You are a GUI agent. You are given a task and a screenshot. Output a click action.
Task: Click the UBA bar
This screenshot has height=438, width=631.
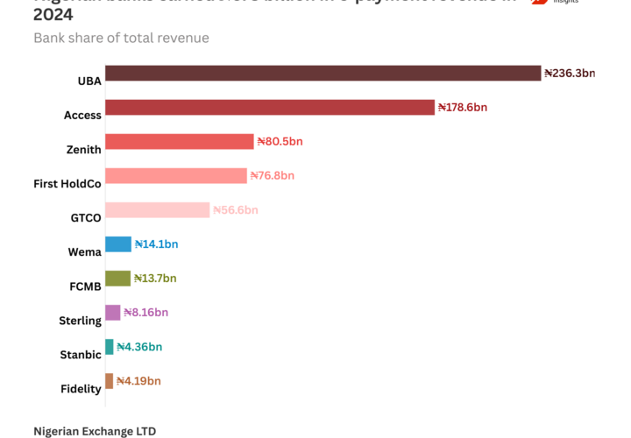point(323,73)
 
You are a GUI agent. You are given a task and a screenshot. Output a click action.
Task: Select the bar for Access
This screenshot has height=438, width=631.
point(270,107)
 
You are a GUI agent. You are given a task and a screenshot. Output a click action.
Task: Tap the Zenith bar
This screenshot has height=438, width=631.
point(180,142)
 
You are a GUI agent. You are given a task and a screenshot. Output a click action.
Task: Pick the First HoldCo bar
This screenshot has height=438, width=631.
point(176,176)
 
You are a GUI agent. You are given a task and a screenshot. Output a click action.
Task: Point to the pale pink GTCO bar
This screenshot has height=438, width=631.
point(158,210)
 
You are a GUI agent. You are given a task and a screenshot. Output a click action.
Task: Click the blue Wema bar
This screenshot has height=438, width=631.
point(118,244)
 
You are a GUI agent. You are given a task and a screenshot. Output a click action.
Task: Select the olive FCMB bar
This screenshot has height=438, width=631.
point(117,279)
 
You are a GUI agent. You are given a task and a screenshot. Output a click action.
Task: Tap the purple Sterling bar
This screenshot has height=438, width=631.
point(113,313)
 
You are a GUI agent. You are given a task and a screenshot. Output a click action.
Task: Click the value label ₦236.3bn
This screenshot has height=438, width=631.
point(570,74)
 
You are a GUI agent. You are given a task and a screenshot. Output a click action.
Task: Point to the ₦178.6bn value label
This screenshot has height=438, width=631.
point(463,108)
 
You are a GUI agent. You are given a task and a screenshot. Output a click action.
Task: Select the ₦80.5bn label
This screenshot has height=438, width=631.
point(280,142)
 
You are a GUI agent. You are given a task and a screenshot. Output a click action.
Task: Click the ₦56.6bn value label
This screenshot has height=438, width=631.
point(236,210)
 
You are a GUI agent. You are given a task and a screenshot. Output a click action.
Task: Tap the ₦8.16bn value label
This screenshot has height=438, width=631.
point(145,313)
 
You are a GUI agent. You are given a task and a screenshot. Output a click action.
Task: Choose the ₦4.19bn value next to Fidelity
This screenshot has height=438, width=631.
point(138,381)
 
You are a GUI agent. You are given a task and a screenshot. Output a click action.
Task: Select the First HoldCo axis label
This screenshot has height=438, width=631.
point(67,184)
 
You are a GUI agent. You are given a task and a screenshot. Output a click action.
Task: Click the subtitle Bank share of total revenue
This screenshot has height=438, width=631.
point(121,38)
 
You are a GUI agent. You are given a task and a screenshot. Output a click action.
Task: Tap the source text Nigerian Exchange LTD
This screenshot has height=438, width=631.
point(95,431)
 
